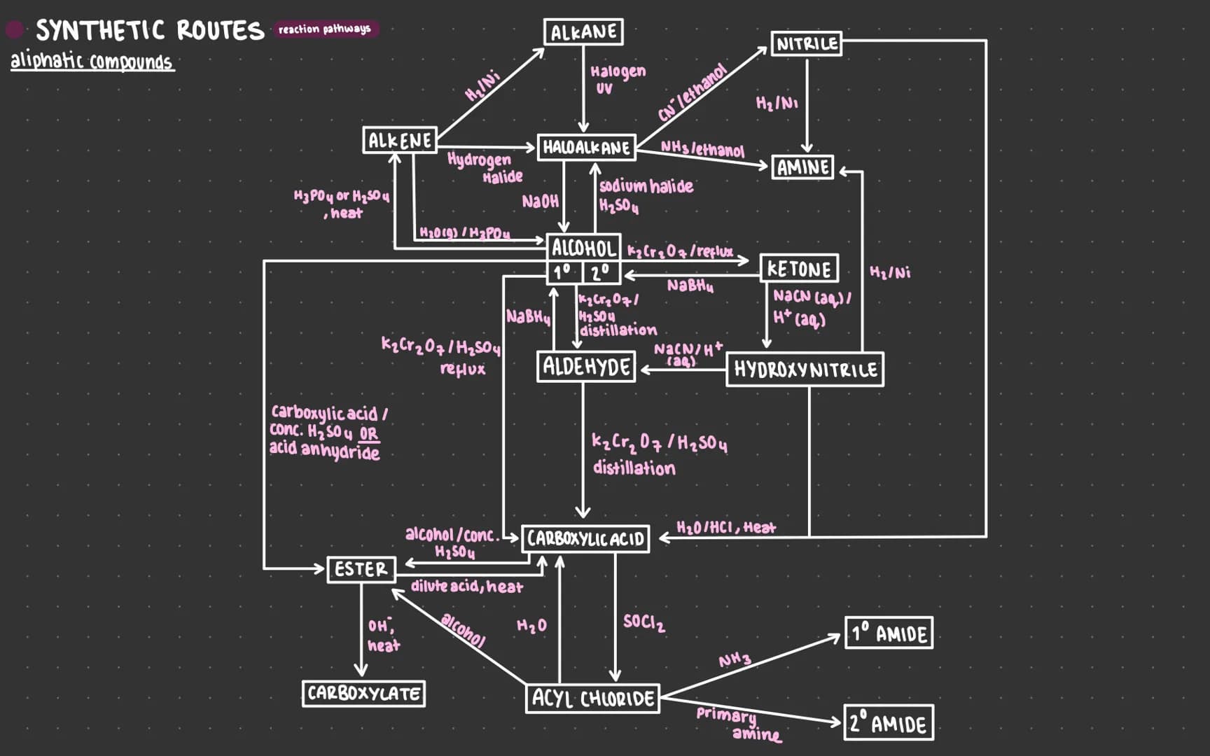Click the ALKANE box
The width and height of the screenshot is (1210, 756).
583,32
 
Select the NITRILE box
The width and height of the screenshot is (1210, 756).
806,43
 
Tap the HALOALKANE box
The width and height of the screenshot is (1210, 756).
586,148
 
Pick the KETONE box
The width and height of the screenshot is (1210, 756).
799,269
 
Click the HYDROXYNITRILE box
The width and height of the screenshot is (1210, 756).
805,370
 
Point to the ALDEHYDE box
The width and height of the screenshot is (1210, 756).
586,367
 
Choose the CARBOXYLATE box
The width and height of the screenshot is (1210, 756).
363,694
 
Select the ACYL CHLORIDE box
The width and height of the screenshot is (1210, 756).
592,699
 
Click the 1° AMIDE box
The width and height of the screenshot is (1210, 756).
889,633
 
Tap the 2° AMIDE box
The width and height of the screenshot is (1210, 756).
889,723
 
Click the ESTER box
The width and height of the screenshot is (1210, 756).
361,569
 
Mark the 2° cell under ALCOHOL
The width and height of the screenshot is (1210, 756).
601,272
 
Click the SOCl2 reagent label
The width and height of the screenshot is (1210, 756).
644,622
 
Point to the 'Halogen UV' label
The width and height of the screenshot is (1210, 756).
617,78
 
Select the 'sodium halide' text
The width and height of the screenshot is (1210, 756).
646,186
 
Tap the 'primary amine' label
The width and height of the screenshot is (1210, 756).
737,724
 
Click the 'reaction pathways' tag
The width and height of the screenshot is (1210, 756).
324,29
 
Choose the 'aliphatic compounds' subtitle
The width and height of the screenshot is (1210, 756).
92,62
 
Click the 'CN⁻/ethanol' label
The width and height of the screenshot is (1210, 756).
692,92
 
